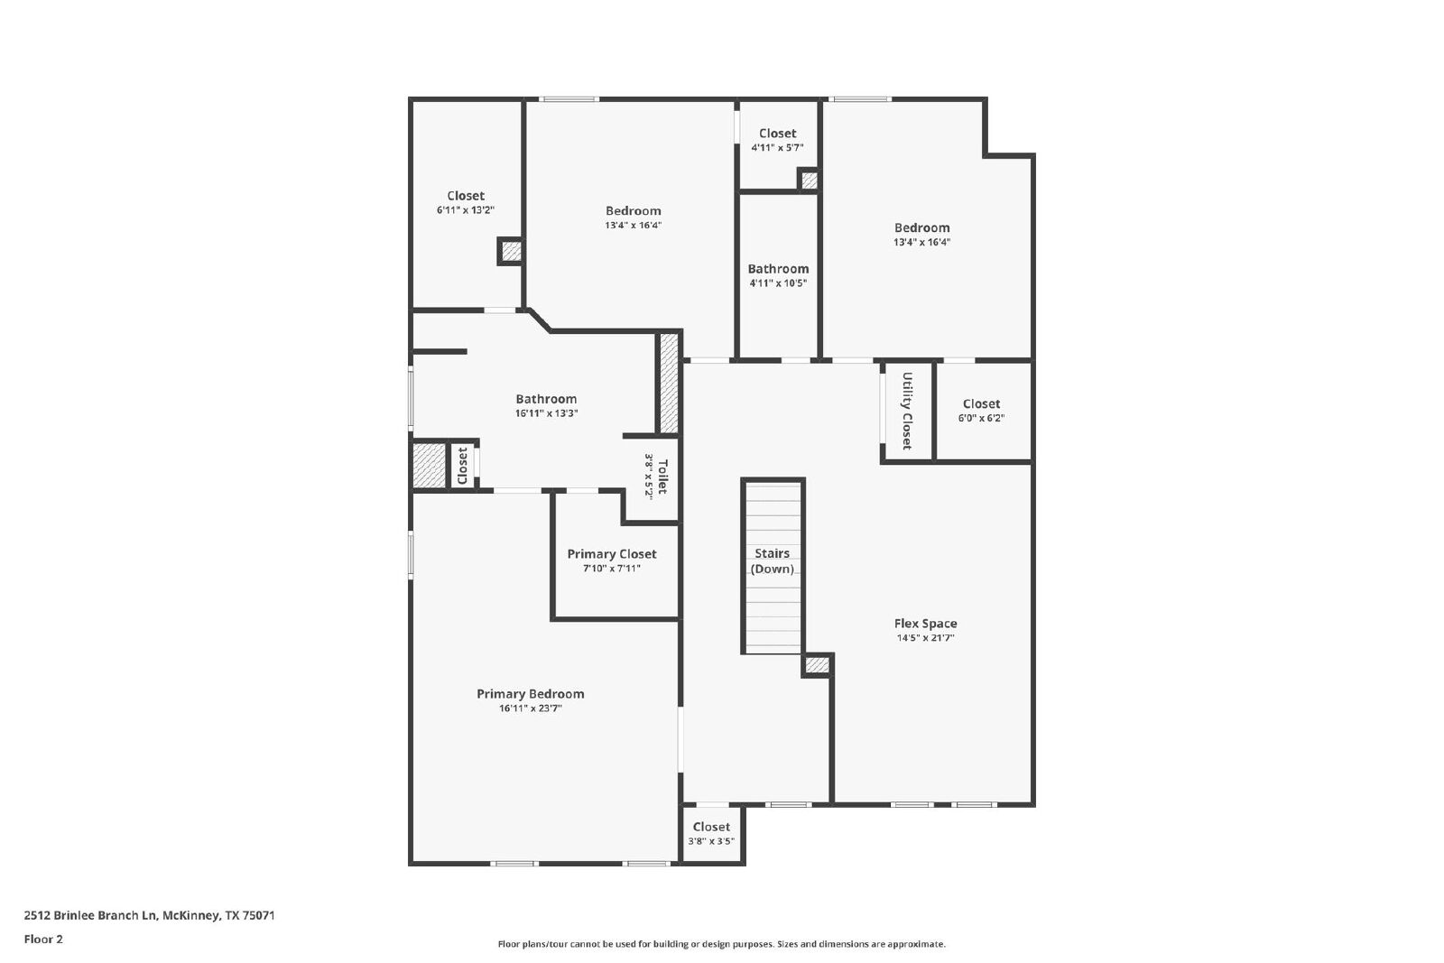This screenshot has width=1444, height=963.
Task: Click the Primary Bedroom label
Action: (530, 693)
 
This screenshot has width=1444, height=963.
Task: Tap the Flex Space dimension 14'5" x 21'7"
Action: (925, 638)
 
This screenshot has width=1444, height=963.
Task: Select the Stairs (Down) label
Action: (773, 560)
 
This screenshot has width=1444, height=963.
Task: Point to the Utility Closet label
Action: (907, 411)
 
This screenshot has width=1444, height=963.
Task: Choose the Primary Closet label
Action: (612, 553)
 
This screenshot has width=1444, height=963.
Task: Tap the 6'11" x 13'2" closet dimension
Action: (466, 210)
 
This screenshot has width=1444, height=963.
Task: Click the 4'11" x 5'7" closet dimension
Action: (777, 148)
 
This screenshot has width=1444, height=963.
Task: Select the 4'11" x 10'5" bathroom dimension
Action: (778, 283)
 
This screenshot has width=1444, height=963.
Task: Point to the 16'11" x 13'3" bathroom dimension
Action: (546, 413)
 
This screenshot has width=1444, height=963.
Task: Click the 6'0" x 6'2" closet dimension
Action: (981, 418)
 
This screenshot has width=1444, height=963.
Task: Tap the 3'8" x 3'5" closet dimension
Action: (711, 841)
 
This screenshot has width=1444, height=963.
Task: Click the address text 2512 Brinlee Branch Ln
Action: (91, 915)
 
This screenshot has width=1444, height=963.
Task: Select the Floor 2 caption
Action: (43, 940)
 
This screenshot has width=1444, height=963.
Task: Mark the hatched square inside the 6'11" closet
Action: (511, 252)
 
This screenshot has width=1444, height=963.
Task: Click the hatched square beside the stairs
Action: (818, 665)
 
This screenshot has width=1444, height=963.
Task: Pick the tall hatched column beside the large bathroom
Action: (669, 383)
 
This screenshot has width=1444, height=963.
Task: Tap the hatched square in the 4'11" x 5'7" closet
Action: (809, 180)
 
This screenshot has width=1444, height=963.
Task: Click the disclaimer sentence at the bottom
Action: (721, 944)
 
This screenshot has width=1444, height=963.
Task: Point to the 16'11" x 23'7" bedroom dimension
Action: (530, 708)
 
